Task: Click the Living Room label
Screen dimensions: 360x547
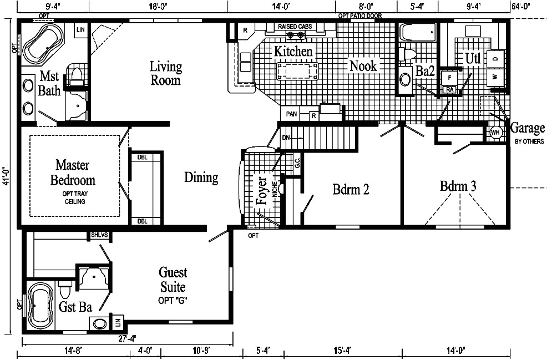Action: [165, 73]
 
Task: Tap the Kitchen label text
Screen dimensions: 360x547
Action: [293, 51]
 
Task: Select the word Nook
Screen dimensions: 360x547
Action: [363, 66]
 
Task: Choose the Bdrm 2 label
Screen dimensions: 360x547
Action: [351, 190]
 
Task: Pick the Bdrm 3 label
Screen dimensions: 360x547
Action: [458, 186]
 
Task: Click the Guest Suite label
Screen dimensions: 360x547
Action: [173, 280]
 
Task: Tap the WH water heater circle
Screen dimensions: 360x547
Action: [495, 133]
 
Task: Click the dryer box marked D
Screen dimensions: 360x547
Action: [495, 58]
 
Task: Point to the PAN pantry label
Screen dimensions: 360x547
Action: [291, 114]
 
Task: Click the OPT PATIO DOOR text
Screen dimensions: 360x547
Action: [360, 16]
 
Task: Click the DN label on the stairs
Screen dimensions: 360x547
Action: [286, 136]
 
